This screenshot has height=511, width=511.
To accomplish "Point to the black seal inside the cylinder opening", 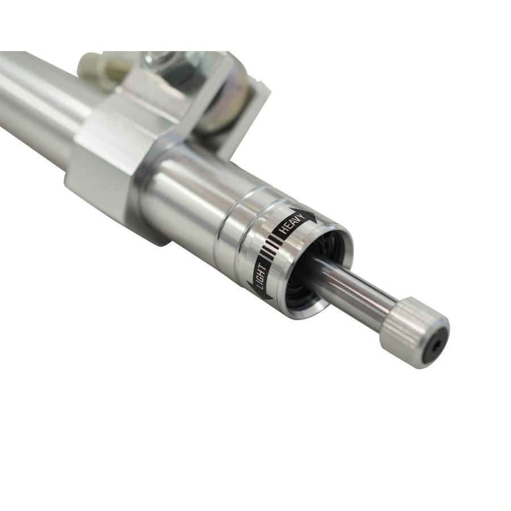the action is [305, 273].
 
